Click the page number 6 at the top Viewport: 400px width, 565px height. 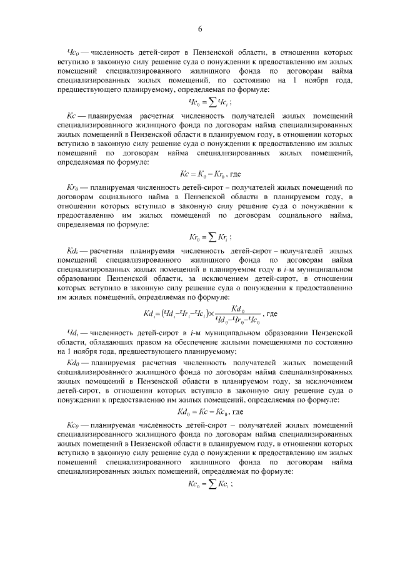pyautogui.click(x=201, y=29)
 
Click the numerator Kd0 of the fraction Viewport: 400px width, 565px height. pyautogui.click(x=237, y=308)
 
